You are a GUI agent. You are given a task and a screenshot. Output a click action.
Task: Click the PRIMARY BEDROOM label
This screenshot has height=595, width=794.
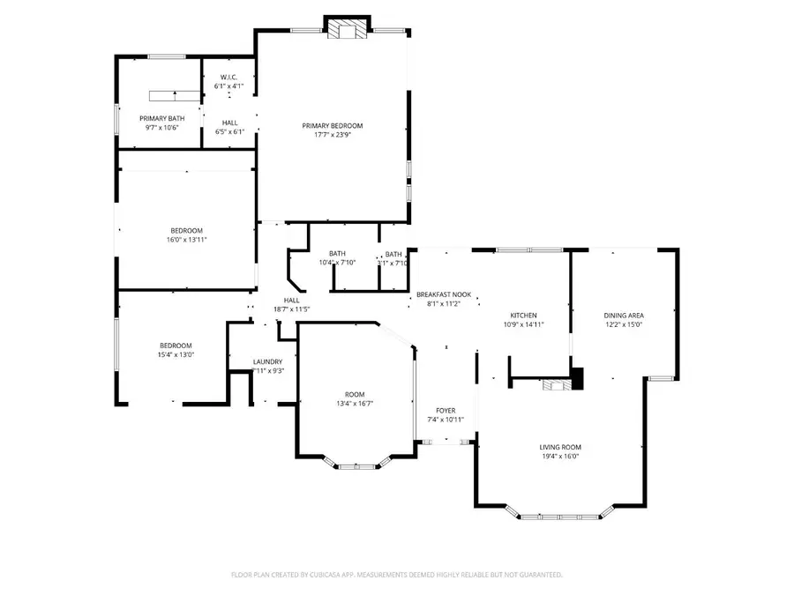(x=332, y=126)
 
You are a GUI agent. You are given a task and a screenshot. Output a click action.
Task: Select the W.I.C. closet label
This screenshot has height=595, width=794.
(x=229, y=78)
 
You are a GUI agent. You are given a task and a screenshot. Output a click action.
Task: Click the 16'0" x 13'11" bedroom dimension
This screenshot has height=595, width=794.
(x=187, y=239)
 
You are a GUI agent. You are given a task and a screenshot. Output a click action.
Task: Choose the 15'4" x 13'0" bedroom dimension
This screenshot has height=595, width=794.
(x=176, y=354)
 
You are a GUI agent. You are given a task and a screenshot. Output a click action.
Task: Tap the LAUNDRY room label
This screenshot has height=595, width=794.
(x=267, y=361)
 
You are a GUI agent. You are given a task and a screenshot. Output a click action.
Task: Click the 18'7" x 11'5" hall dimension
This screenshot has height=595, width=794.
(x=291, y=309)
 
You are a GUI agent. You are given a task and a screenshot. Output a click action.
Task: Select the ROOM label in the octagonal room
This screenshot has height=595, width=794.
(x=355, y=394)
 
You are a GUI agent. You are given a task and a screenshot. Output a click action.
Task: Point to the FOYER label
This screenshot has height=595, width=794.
(x=446, y=410)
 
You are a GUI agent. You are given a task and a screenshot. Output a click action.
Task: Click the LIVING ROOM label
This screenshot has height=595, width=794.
(x=560, y=447)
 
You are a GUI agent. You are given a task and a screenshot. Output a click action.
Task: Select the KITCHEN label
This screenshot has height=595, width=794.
(x=523, y=316)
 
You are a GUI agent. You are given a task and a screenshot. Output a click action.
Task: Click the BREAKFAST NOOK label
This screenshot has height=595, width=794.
(x=444, y=294)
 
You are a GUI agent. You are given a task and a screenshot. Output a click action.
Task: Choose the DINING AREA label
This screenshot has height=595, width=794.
(x=623, y=316)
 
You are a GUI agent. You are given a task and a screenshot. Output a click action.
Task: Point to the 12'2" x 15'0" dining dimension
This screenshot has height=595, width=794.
(x=623, y=324)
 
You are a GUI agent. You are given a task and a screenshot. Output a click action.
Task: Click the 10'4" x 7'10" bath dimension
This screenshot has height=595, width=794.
(x=337, y=262)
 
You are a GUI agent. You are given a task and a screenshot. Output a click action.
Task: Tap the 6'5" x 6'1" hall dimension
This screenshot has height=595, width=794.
(x=229, y=131)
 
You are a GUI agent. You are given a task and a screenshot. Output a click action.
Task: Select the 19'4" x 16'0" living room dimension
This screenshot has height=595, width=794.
(x=560, y=457)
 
